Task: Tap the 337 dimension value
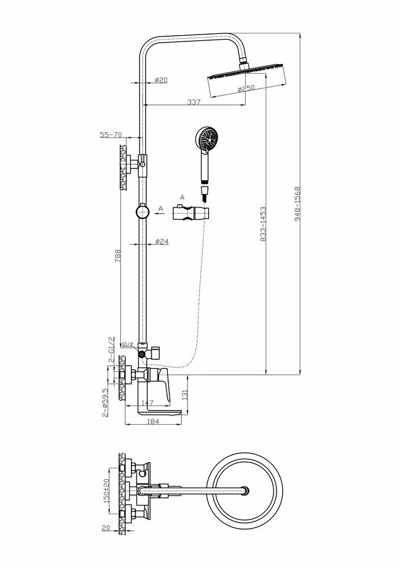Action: pos(194,102)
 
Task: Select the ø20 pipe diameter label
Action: pos(161,81)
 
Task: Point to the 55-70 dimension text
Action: pos(111,134)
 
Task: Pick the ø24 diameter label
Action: pos(162,241)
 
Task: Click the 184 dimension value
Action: pos(152,421)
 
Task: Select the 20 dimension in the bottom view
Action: pos(106,528)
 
